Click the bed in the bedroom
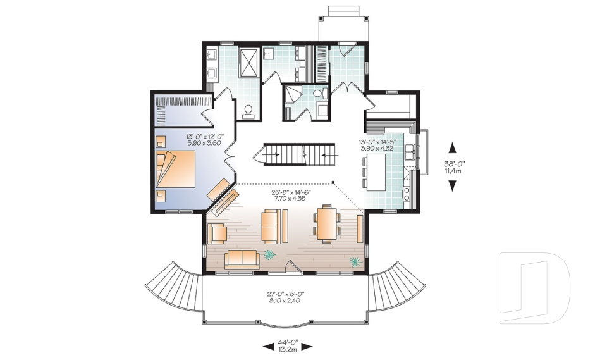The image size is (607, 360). click(179, 168)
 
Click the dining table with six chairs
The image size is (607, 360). click(326, 223)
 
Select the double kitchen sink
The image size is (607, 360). click(412, 151)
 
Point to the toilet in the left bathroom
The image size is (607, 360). click(248, 111)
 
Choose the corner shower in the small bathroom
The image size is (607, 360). click(292, 94)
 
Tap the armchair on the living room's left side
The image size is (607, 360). click(217, 233)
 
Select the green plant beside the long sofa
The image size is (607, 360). click(270, 254)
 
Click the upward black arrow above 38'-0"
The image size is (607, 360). click(453, 148)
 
